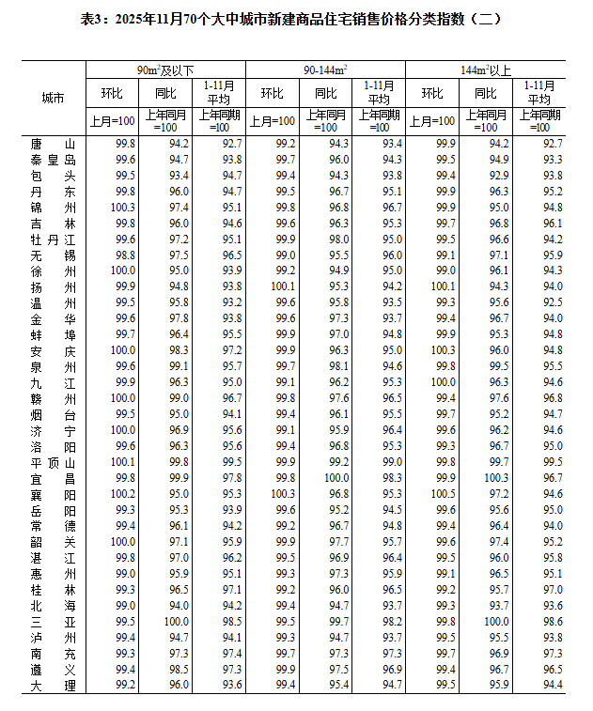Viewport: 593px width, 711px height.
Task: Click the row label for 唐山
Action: pos(53,143)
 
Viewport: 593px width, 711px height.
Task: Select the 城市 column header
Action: pos(53,98)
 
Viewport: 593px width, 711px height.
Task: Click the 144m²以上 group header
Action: pos(486,70)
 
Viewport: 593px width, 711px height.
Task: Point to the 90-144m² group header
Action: pos(325,70)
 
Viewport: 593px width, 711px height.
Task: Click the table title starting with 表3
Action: pos(296,19)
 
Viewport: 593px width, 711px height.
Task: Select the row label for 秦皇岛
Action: pos(53,159)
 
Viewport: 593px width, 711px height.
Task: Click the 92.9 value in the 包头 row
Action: pos(498,175)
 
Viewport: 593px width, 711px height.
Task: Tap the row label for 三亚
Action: pos(53,622)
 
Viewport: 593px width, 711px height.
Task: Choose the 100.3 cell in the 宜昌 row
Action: pos(498,477)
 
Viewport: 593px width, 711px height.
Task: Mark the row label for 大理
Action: pos(53,685)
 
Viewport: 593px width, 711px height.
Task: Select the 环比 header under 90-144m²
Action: pos(273,93)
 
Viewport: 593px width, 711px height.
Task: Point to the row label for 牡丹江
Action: pos(53,239)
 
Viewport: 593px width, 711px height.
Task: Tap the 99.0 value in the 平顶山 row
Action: pos(391,461)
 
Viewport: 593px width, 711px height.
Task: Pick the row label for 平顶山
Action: pos(53,461)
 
